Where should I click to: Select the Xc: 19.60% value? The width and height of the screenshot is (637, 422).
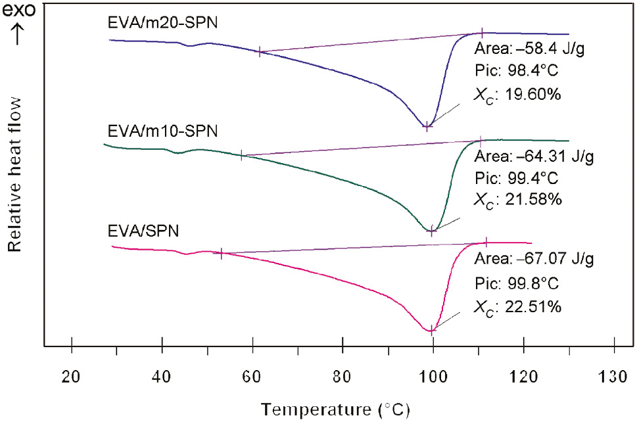coord(517,95)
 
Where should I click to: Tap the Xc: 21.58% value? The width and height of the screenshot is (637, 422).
coord(517,199)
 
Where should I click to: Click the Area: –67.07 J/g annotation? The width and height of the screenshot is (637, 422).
coord(533,260)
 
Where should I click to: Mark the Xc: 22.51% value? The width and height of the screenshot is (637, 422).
coord(517,306)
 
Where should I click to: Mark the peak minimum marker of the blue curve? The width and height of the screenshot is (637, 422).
coord(427,127)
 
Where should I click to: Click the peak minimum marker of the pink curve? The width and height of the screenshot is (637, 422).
coord(432,331)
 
